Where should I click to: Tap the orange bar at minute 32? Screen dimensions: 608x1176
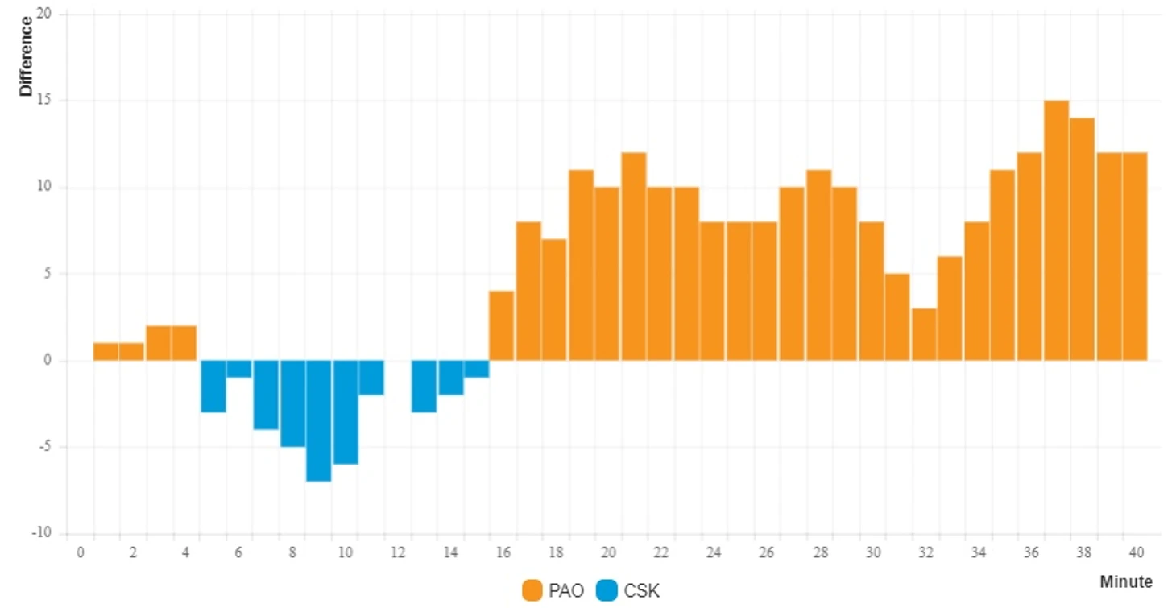tap(924, 334)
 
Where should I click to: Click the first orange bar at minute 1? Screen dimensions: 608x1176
tap(106, 352)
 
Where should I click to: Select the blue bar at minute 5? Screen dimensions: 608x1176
tap(213, 386)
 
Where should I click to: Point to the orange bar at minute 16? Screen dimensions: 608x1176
tap(501, 325)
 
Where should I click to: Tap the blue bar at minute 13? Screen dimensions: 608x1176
tap(424, 386)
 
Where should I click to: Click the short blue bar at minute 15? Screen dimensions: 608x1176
tap(476, 369)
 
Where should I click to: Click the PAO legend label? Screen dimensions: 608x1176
tap(567, 591)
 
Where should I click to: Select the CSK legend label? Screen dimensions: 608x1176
tap(641, 591)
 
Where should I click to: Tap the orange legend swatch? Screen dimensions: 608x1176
tap(532, 591)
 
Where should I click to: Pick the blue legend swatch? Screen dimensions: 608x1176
tap(607, 591)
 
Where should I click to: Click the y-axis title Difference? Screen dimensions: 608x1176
tap(27, 56)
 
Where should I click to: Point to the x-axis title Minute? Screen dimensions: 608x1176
tap(1125, 581)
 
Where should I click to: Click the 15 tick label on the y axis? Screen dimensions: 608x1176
tap(42, 101)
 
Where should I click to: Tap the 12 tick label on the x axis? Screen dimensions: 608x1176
tap(398, 552)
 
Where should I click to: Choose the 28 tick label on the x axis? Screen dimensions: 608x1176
tap(820, 552)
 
